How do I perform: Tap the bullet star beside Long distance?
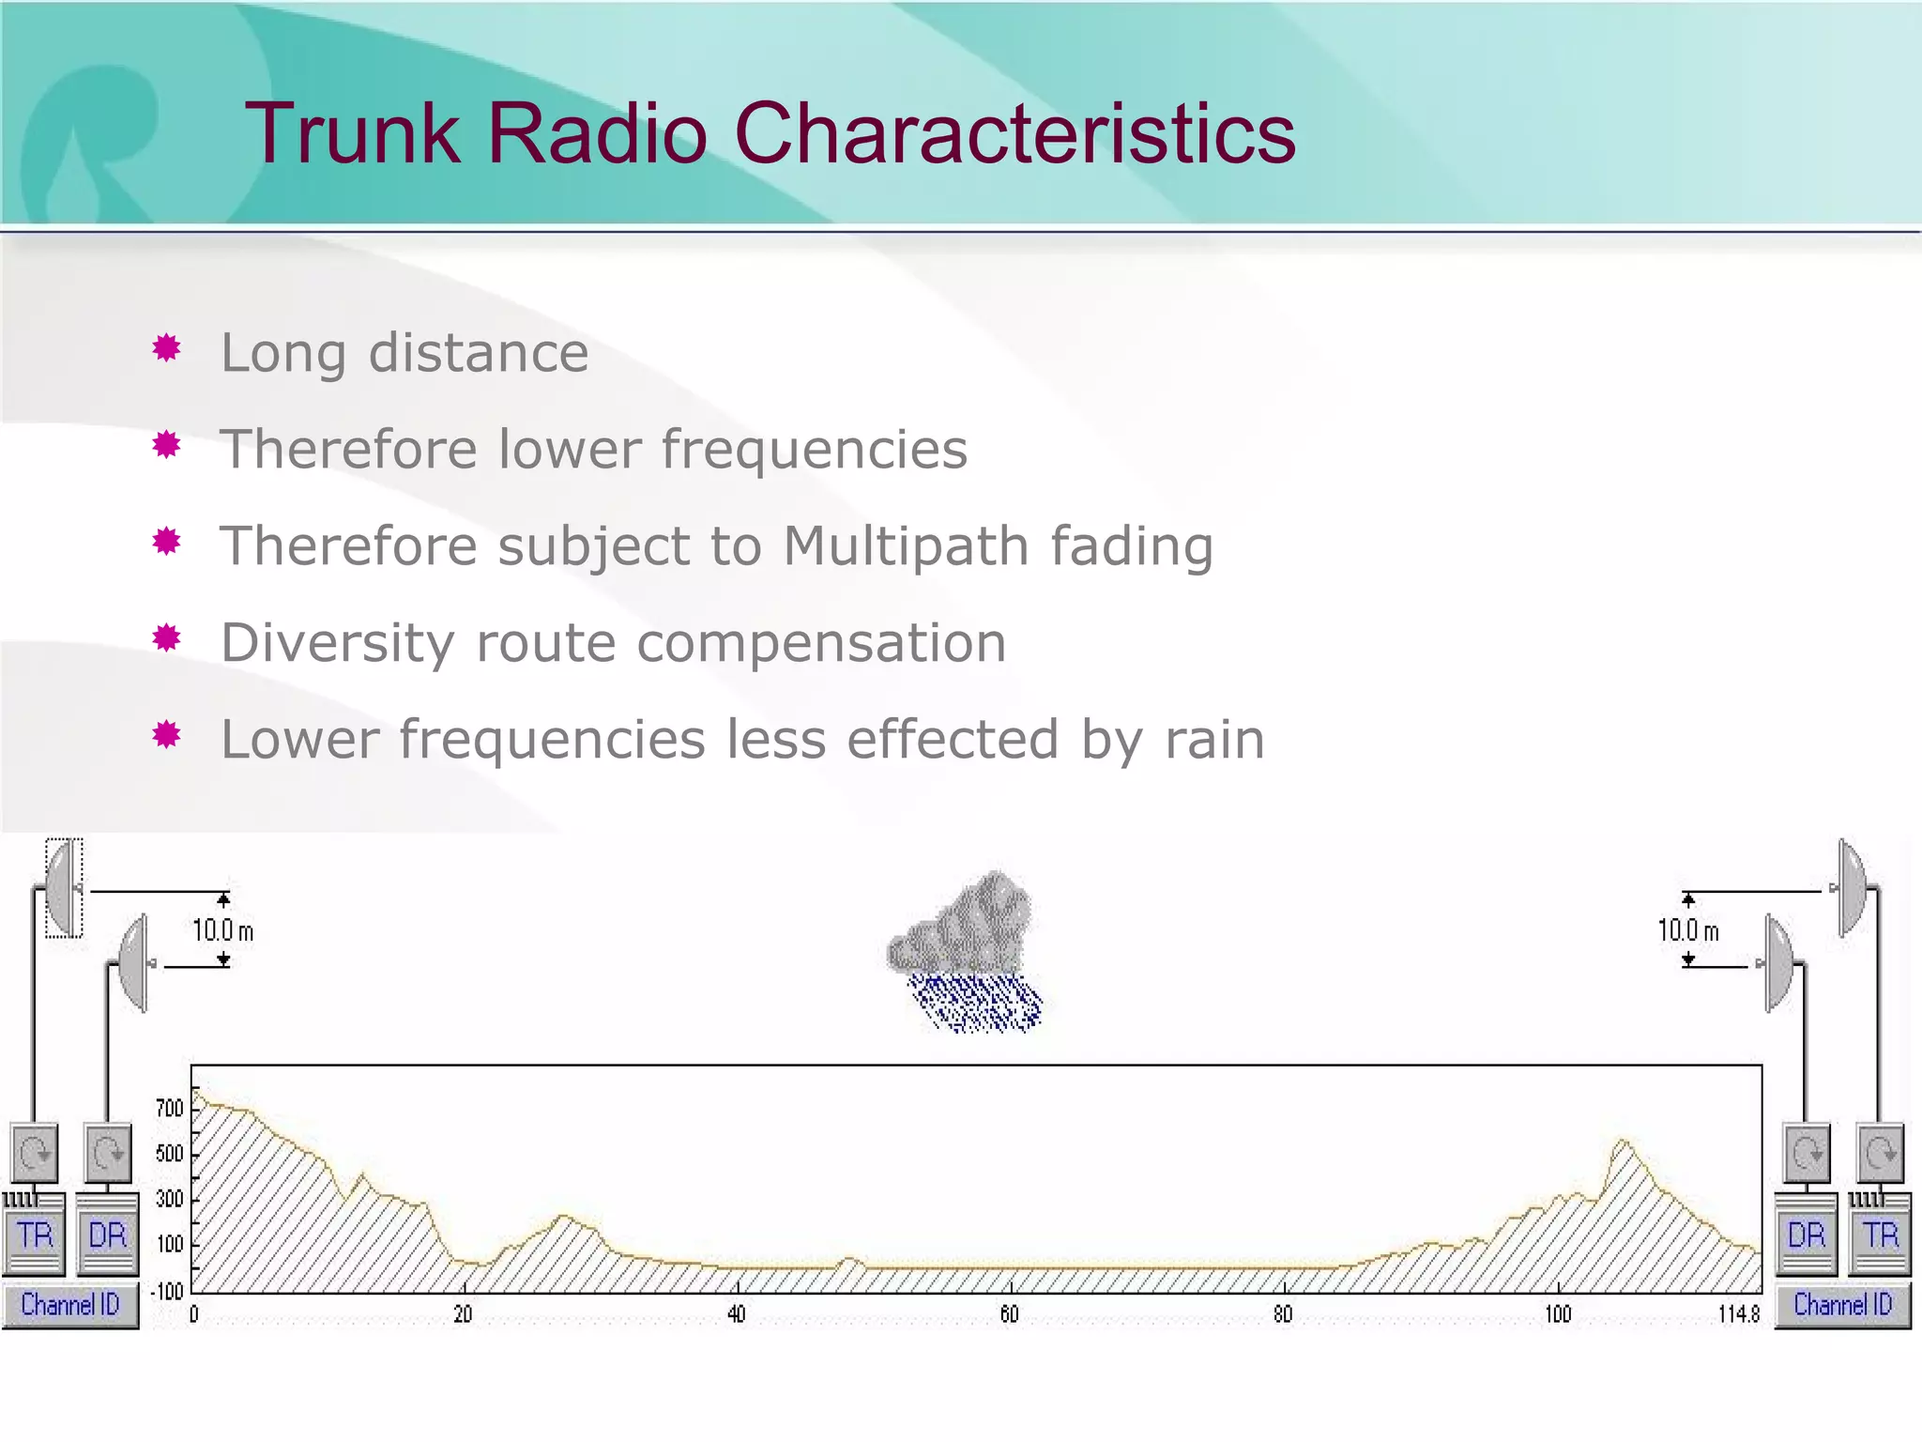coord(167,348)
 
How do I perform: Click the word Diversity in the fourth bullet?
coord(337,643)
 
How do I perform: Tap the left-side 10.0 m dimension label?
coord(222,930)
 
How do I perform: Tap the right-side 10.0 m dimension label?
coord(1687,930)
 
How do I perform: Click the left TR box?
coord(35,1234)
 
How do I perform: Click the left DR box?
coord(107,1234)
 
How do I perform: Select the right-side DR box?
coord(1807,1234)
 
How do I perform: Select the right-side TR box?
coord(1880,1234)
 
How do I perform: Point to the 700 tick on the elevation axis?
coord(170,1109)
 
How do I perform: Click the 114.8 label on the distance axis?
coord(1738,1314)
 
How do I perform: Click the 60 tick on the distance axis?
coord(1009,1314)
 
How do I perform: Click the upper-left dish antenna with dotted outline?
coord(63,888)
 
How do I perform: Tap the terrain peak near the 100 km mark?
coord(1623,1145)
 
